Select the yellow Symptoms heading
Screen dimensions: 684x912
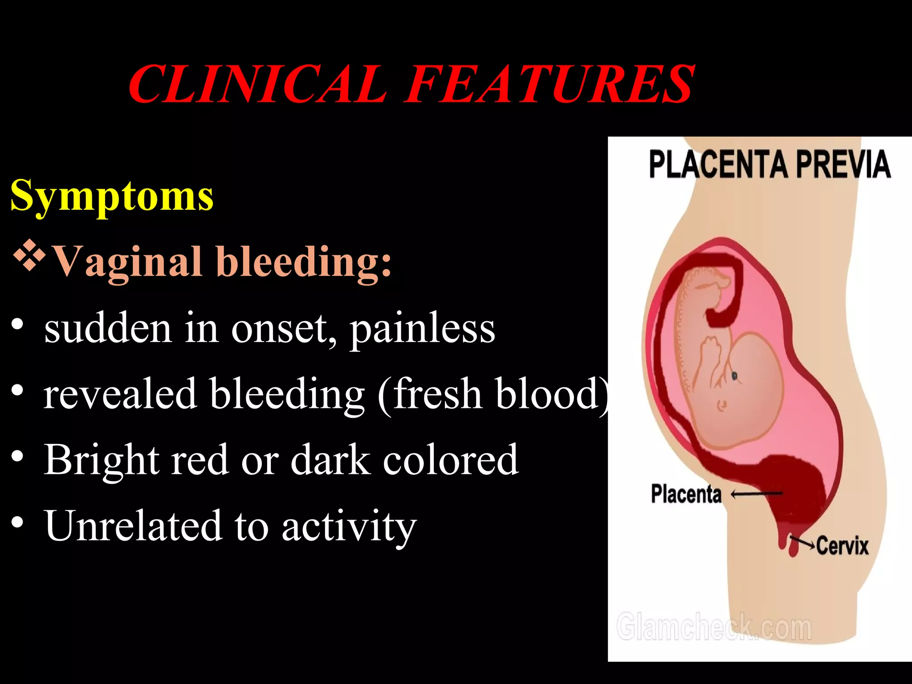point(112,196)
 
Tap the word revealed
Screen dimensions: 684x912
point(120,394)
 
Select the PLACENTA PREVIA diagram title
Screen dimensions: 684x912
point(769,165)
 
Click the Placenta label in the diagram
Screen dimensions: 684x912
point(686,494)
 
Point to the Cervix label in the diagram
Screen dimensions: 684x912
point(842,546)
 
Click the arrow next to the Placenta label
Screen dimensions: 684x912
point(757,493)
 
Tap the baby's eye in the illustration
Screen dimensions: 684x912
point(735,377)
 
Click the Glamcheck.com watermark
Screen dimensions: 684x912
point(714,627)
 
